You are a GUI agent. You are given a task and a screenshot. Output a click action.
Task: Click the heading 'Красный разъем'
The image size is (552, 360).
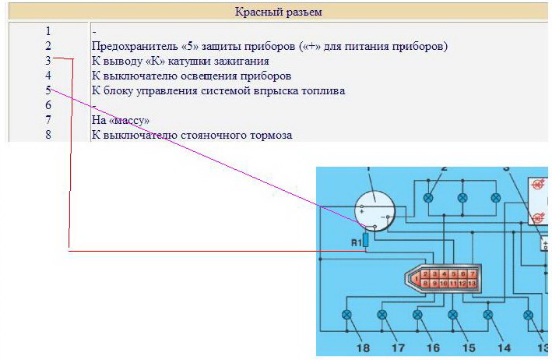tap(278, 12)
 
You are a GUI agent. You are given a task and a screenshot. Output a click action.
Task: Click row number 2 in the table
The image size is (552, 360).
tap(48, 46)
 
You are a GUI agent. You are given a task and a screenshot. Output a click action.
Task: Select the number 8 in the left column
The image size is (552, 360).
tap(48, 135)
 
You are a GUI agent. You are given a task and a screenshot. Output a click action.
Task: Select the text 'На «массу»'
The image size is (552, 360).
tap(120, 120)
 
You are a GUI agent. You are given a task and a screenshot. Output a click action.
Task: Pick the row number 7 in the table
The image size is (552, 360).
tap(48, 120)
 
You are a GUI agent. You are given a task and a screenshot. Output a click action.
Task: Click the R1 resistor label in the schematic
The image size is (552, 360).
tap(356, 242)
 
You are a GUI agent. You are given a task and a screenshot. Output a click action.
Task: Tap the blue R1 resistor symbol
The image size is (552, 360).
tap(366, 238)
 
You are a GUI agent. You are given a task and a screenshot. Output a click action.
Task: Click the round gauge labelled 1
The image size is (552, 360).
tap(375, 208)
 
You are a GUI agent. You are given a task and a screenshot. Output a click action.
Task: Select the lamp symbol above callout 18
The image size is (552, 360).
tap(347, 315)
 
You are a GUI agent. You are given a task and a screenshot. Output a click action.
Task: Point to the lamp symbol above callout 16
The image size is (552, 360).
tap(418, 315)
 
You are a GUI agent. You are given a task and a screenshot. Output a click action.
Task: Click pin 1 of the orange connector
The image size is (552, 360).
tap(419, 277)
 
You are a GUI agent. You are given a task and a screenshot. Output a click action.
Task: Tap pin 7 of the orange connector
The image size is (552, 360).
tap(472, 274)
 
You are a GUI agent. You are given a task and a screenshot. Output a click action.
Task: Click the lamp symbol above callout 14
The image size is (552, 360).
tap(488, 315)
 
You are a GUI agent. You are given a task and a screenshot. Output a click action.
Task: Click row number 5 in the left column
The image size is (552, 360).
tap(48, 90)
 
